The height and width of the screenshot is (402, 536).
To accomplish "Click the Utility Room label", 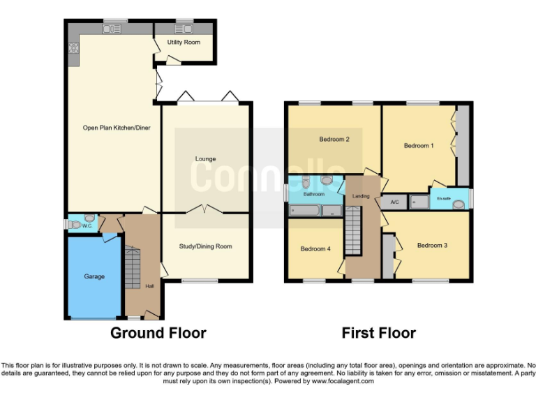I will [x=184, y=43].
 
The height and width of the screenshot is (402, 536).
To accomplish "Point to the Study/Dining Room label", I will [x=205, y=246].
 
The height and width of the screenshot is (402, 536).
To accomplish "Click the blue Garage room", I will [x=94, y=277].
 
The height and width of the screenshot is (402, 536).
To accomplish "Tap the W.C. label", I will [x=87, y=225].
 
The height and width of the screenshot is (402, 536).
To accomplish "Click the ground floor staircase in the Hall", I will [x=133, y=267].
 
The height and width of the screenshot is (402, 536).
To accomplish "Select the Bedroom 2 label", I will [x=334, y=139].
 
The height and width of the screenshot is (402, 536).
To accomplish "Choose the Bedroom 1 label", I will [x=419, y=146].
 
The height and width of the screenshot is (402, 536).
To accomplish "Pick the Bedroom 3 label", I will [x=431, y=245].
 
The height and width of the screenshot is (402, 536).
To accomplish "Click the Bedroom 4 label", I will [x=315, y=248].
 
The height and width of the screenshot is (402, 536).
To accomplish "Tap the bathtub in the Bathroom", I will [x=304, y=209].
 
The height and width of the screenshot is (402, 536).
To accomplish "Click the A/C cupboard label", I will [x=394, y=202].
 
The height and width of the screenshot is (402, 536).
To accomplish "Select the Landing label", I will [x=361, y=196].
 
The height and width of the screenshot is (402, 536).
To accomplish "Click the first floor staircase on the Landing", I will [x=355, y=234].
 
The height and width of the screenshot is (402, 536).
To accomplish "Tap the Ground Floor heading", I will [x=158, y=333].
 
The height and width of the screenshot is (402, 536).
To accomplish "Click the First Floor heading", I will [x=378, y=333].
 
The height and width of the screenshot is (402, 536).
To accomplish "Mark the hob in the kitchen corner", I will [x=73, y=49].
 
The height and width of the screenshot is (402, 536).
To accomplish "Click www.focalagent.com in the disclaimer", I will [x=343, y=382].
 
